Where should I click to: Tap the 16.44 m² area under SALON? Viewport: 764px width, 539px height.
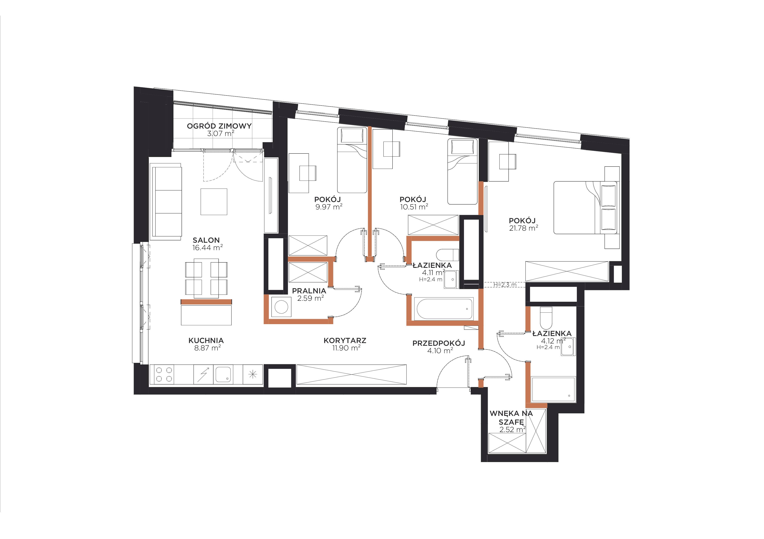click(207, 248)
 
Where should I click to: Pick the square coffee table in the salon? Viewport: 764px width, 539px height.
click(214, 202)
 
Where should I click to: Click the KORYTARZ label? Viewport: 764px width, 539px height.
click(345, 340)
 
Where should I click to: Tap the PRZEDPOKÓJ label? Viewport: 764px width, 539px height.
click(438, 343)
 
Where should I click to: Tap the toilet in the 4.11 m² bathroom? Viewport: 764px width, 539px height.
click(447, 255)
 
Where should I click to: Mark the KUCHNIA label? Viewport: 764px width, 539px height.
click(206, 340)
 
